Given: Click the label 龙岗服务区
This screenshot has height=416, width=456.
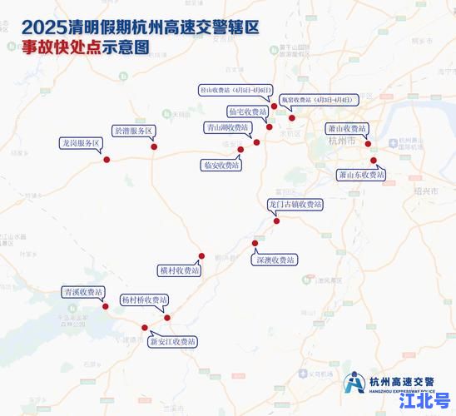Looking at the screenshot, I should pyautogui.click(x=78, y=142).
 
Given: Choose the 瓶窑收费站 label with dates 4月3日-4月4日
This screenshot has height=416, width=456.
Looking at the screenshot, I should pyautogui.click(x=317, y=98).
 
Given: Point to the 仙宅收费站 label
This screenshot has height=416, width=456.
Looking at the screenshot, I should pyautogui.click(x=247, y=111).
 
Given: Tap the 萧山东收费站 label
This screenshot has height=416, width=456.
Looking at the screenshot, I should pyautogui.click(x=361, y=175).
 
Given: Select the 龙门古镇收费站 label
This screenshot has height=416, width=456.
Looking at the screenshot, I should pyautogui.click(x=295, y=204).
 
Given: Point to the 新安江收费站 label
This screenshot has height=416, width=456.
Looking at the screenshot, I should pyautogui.click(x=173, y=341).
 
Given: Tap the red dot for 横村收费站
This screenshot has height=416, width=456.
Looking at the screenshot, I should pyautogui.click(x=201, y=256).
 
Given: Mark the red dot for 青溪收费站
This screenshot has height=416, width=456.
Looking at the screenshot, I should pyautogui.click(x=105, y=307).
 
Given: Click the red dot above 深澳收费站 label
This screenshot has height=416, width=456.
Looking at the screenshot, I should pyautogui.click(x=255, y=243).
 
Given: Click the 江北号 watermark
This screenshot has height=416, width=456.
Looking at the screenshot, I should pyautogui.click(x=425, y=400).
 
